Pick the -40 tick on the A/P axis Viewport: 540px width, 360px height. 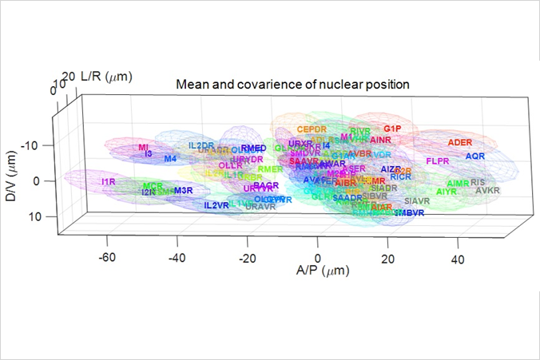(177, 258)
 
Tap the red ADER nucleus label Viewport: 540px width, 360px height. (460, 142)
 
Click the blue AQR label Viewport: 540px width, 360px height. (475, 156)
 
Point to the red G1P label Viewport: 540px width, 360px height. (392, 129)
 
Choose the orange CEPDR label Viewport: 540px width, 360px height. (312, 129)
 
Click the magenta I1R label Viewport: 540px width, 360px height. (109, 182)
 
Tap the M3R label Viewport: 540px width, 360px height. (183, 191)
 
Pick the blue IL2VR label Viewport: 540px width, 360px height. (216, 205)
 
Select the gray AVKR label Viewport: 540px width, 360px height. (487, 191)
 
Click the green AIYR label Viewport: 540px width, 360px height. (447, 192)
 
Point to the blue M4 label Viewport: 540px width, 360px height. (170, 159)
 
